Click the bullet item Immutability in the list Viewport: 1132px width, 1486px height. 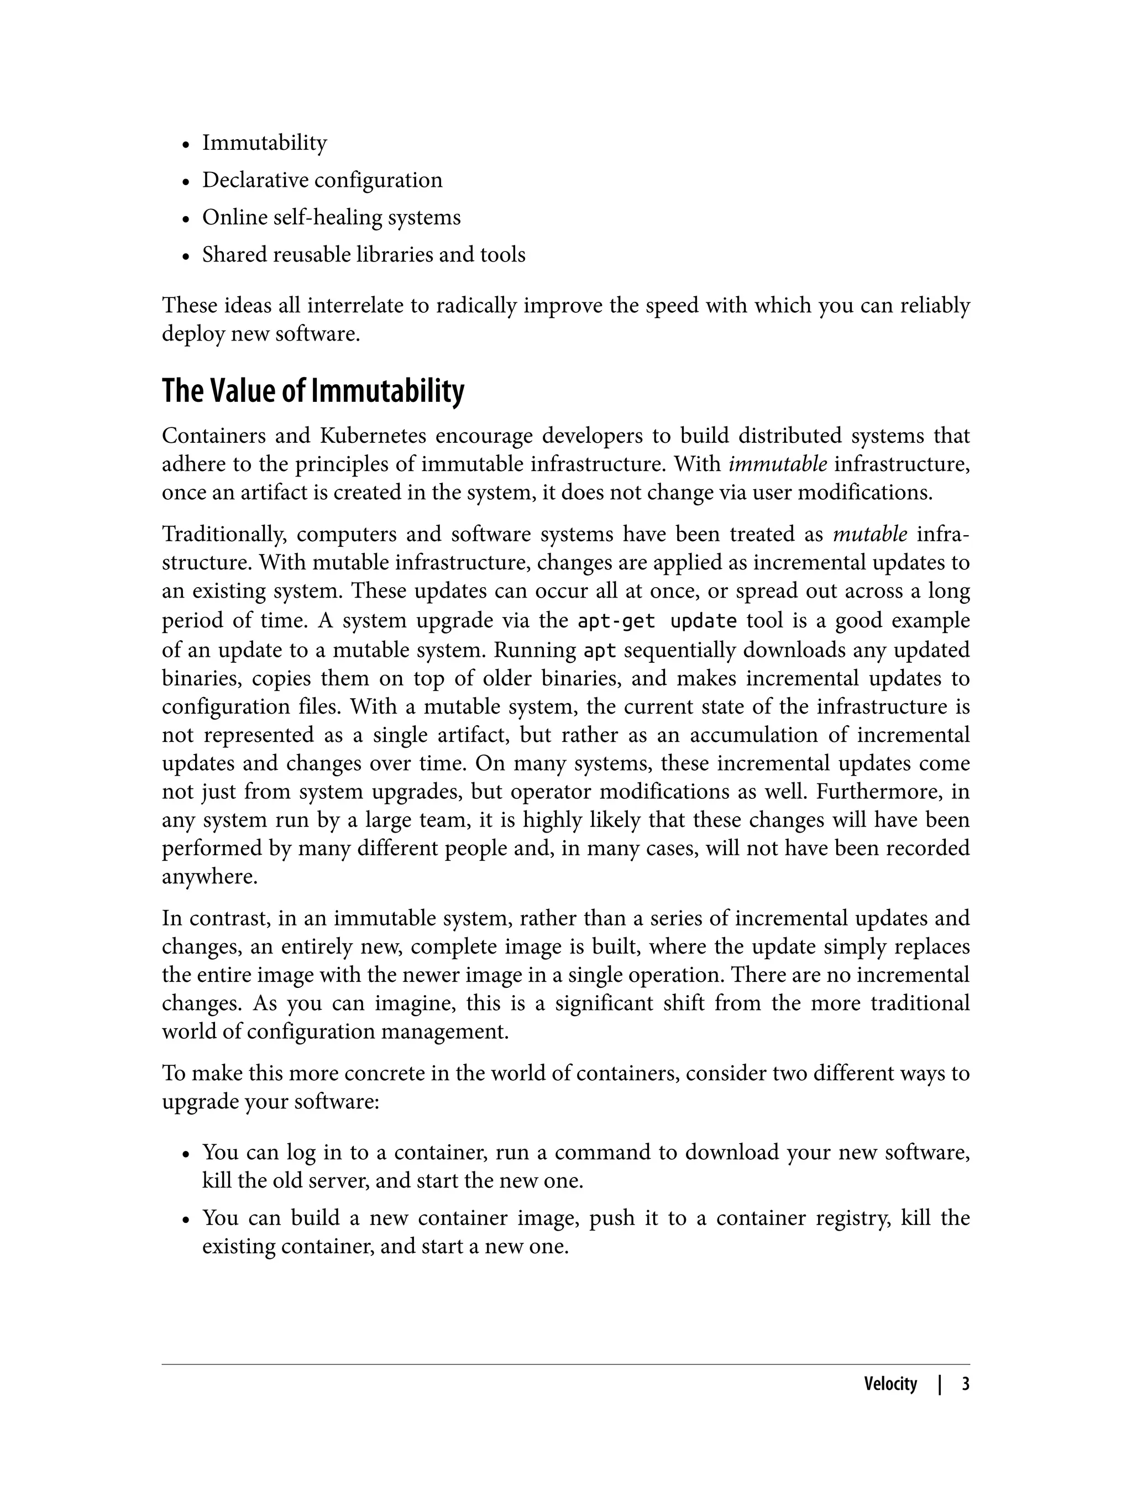[264, 143]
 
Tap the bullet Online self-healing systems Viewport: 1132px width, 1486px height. [331, 217]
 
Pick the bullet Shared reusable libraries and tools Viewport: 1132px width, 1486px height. [363, 255]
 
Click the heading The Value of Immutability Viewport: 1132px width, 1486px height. [313, 391]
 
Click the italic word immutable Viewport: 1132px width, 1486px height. [769, 464]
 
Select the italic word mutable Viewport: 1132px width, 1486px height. [870, 535]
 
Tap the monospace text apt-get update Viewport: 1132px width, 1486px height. [657, 621]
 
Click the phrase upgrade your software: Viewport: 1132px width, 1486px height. [270, 1102]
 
